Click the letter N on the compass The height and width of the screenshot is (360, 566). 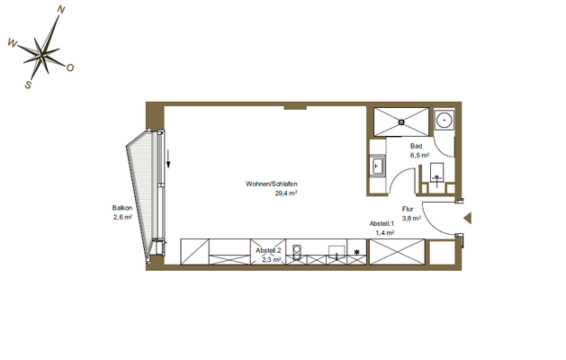point(61,11)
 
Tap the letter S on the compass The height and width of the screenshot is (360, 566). point(29,85)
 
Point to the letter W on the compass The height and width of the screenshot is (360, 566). point(12,41)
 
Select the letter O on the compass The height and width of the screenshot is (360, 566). point(70,67)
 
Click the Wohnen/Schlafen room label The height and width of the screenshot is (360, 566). point(272,184)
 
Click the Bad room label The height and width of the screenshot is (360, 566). point(417,146)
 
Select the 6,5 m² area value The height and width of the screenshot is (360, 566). point(420,155)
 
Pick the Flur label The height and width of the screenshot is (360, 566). point(408,208)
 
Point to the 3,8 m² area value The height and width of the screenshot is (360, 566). point(411,217)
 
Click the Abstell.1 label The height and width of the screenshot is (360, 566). point(382,223)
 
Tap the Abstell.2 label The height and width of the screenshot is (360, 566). point(269,250)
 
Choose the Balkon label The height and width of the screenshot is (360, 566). point(122,208)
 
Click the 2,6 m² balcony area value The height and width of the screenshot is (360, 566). point(123,217)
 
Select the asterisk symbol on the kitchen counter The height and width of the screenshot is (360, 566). point(358,251)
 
